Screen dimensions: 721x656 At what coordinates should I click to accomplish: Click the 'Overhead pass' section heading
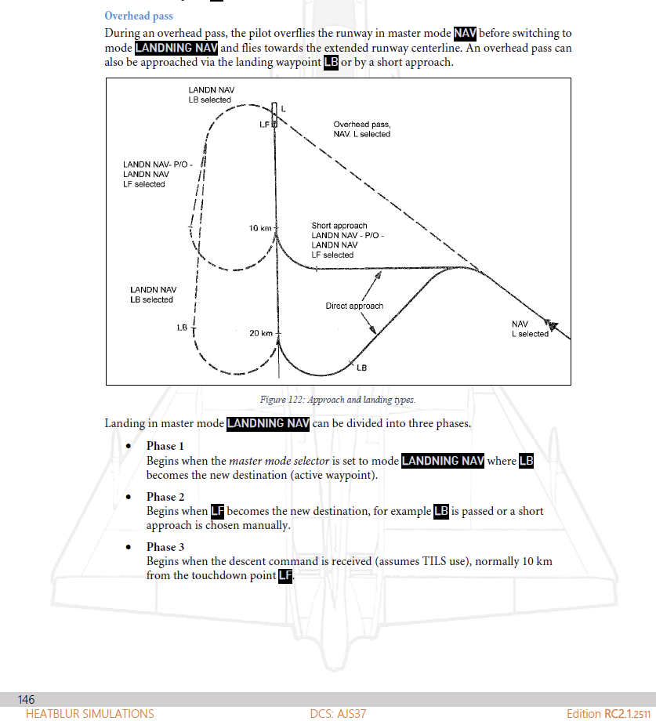click(x=139, y=16)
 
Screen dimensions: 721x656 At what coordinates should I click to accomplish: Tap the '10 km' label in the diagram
click(x=259, y=228)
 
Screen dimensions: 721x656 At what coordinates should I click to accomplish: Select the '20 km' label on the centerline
click(x=261, y=333)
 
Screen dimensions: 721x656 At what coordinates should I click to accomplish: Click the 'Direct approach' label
click(x=354, y=306)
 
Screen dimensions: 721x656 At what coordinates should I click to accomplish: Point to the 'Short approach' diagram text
click(x=339, y=226)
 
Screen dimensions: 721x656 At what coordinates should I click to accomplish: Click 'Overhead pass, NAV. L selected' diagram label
click(x=361, y=129)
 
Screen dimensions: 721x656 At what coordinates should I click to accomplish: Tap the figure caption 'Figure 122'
click(x=337, y=400)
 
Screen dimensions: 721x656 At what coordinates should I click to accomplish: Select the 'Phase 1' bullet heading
click(x=165, y=446)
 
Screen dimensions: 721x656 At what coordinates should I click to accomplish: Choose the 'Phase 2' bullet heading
click(x=165, y=497)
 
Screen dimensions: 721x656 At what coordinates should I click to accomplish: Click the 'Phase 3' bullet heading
click(x=165, y=547)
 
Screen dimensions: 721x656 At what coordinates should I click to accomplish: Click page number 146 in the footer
click(x=26, y=699)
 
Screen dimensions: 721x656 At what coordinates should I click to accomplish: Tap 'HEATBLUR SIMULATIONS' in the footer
click(x=89, y=714)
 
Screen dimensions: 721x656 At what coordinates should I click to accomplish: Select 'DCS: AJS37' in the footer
click(x=338, y=714)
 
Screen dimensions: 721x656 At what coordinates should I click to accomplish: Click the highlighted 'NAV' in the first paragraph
click(x=465, y=34)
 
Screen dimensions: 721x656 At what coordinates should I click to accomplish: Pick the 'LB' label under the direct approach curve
click(x=362, y=368)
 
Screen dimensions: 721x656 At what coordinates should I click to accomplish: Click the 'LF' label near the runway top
click(x=263, y=125)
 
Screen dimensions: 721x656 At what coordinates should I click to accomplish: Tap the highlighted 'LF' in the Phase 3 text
click(x=285, y=576)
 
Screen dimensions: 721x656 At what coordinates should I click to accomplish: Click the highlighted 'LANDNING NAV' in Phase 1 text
click(x=442, y=461)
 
